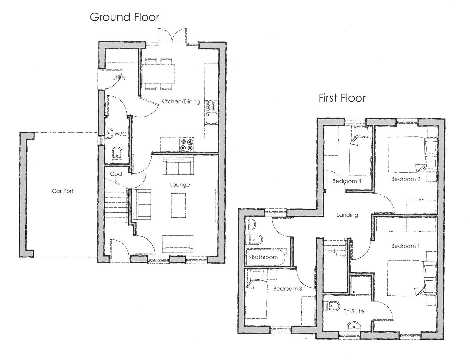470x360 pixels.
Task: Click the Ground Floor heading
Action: click(124, 17)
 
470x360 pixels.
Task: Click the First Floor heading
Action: click(342, 98)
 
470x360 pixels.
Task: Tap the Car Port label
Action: click(63, 191)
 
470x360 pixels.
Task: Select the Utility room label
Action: click(119, 78)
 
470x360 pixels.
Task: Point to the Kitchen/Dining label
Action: click(180, 101)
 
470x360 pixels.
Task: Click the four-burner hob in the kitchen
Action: click(187, 145)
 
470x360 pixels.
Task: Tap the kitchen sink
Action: click(211, 118)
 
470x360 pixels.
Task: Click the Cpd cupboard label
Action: click(116, 174)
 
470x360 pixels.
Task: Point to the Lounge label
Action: click(180, 185)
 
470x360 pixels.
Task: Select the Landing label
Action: click(347, 215)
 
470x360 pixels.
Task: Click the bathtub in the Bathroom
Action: click(265, 257)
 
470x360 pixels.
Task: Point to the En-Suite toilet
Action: click(334, 306)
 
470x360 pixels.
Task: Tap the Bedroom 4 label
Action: click(347, 181)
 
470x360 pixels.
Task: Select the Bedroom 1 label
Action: click(405, 246)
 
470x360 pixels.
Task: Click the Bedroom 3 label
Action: click(287, 289)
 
